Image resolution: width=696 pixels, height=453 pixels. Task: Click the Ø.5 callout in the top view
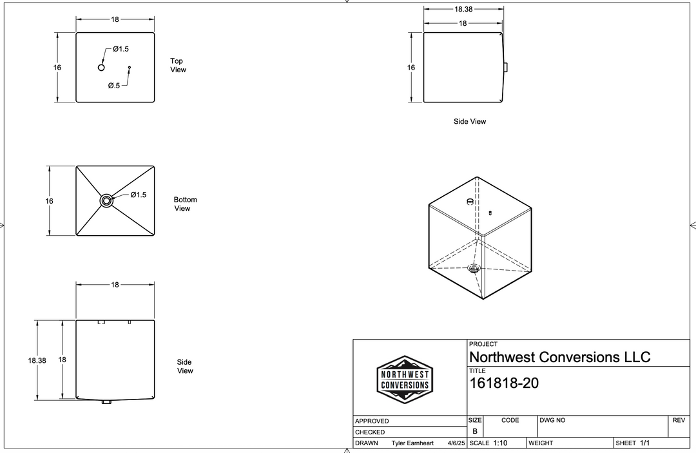coord(114,85)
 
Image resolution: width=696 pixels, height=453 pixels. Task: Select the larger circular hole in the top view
coord(101,68)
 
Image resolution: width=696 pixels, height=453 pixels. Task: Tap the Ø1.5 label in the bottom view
coord(139,195)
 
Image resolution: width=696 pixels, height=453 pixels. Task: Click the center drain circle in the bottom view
coord(106,201)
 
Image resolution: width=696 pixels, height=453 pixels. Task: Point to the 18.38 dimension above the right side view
coord(463,10)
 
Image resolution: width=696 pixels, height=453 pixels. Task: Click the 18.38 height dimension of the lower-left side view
coord(37,361)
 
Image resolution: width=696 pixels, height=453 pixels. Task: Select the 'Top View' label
coord(178,65)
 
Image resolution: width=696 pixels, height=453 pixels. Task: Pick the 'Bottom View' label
coord(185,204)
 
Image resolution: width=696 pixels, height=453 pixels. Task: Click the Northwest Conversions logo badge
coord(404,380)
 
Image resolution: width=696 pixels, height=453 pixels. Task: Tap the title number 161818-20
coord(504,383)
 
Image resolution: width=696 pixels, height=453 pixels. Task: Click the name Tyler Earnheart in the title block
coord(412,443)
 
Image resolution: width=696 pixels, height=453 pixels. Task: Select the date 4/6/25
coord(456,443)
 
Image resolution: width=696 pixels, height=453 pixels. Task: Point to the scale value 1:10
coord(501,443)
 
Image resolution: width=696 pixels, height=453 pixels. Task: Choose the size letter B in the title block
coord(475,431)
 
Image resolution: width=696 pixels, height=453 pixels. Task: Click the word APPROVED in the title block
coord(372,421)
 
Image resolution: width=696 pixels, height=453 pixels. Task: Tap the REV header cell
coord(678,420)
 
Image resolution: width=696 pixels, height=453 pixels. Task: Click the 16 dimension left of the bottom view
coord(50,201)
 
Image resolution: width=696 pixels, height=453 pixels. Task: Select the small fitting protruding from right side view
coord(507,67)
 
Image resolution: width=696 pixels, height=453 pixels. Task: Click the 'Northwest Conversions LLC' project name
coord(559,357)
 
